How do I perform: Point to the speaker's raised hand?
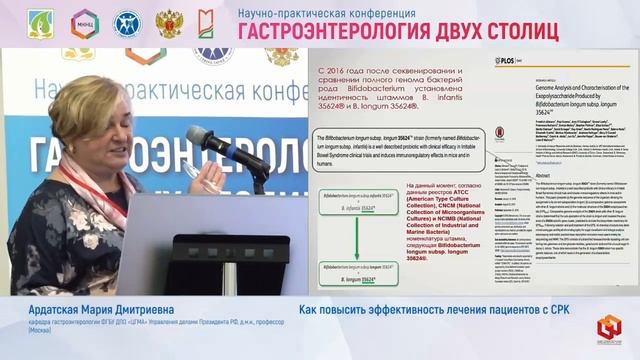(x=211, y=180)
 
